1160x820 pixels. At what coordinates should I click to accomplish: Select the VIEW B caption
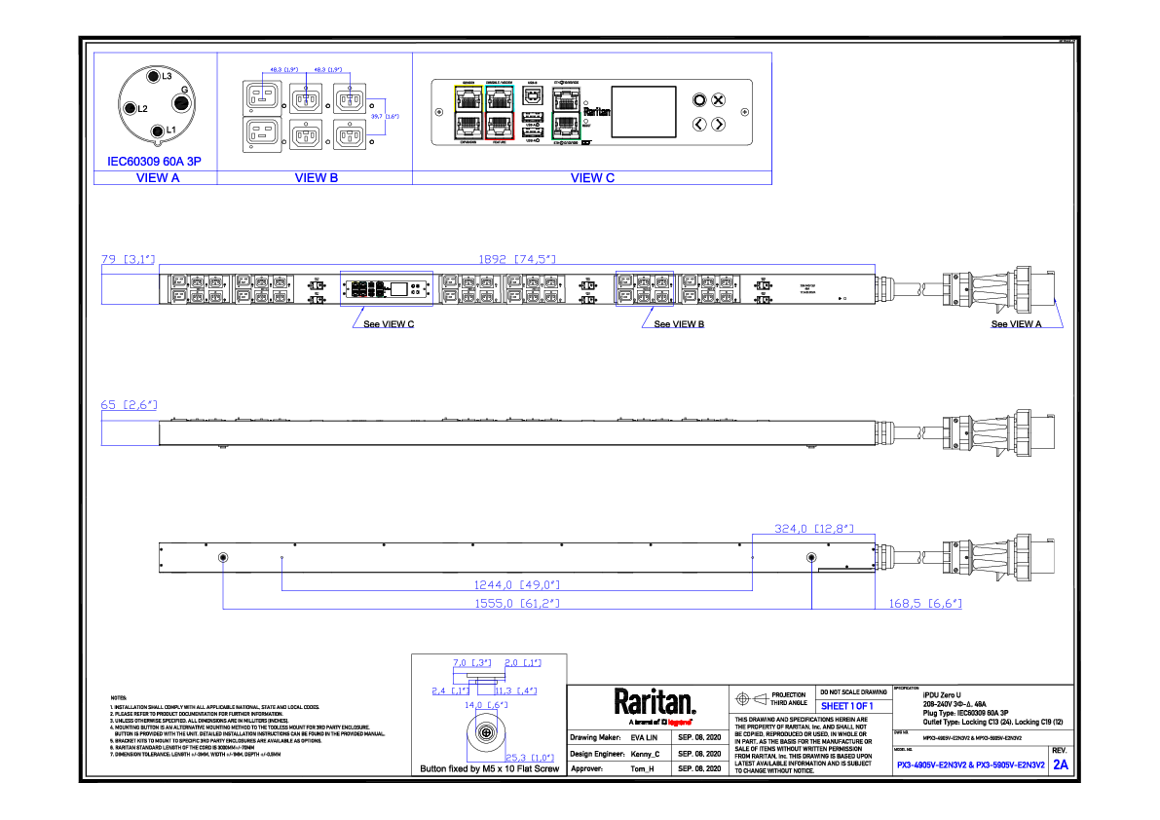click(x=317, y=178)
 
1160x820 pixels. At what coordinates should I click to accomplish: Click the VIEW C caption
click(x=592, y=178)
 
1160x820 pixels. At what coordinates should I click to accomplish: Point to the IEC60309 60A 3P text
click(x=154, y=161)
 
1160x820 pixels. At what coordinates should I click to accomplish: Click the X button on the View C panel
click(x=719, y=99)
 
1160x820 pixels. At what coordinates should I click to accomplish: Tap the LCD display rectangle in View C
click(x=644, y=111)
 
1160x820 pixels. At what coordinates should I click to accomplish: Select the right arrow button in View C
click(x=719, y=124)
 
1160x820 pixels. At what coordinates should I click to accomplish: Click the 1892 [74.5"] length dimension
click(x=516, y=259)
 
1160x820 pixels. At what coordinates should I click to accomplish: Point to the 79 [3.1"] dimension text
click(x=128, y=259)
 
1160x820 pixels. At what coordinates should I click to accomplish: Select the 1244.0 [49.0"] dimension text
click(x=516, y=585)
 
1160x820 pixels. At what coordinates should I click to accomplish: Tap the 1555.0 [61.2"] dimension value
click(x=516, y=604)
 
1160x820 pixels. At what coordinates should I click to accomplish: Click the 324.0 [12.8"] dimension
click(x=813, y=529)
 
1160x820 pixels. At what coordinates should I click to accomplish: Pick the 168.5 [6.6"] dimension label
click(x=925, y=604)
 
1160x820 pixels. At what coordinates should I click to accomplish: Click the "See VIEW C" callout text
click(x=389, y=324)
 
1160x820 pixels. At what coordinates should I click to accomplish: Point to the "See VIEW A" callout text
click(x=1016, y=324)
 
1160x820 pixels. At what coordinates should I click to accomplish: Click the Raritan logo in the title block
click(x=655, y=703)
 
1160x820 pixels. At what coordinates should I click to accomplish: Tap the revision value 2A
click(x=1060, y=765)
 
